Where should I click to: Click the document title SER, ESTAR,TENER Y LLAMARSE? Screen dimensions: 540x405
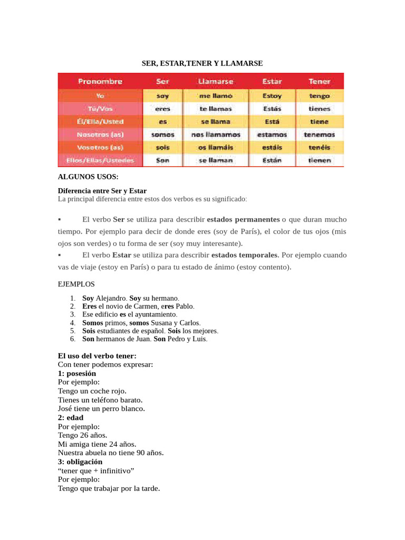click(202, 63)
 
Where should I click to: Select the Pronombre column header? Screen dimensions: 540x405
click(100, 81)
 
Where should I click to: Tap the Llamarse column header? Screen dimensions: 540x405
click(215, 81)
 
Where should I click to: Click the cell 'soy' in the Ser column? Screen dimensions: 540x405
click(162, 96)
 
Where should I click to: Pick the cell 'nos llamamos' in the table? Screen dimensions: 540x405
click(215, 134)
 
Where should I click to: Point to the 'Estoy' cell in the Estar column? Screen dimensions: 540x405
click(272, 96)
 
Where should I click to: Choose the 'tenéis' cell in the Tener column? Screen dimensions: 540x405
click(320, 147)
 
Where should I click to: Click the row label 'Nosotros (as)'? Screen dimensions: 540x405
click(100, 134)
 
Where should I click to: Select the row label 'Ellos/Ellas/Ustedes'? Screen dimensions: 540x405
click(100, 160)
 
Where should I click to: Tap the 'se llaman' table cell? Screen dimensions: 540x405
click(215, 160)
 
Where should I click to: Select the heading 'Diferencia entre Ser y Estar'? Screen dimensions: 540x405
click(102, 190)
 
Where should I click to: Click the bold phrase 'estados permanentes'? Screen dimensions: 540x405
click(243, 219)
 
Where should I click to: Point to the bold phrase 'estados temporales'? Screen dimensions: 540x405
click(245, 255)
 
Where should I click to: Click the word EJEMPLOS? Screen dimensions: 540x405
click(76, 284)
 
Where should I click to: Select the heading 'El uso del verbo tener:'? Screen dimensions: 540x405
click(97, 356)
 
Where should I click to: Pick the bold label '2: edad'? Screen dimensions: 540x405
click(71, 417)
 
